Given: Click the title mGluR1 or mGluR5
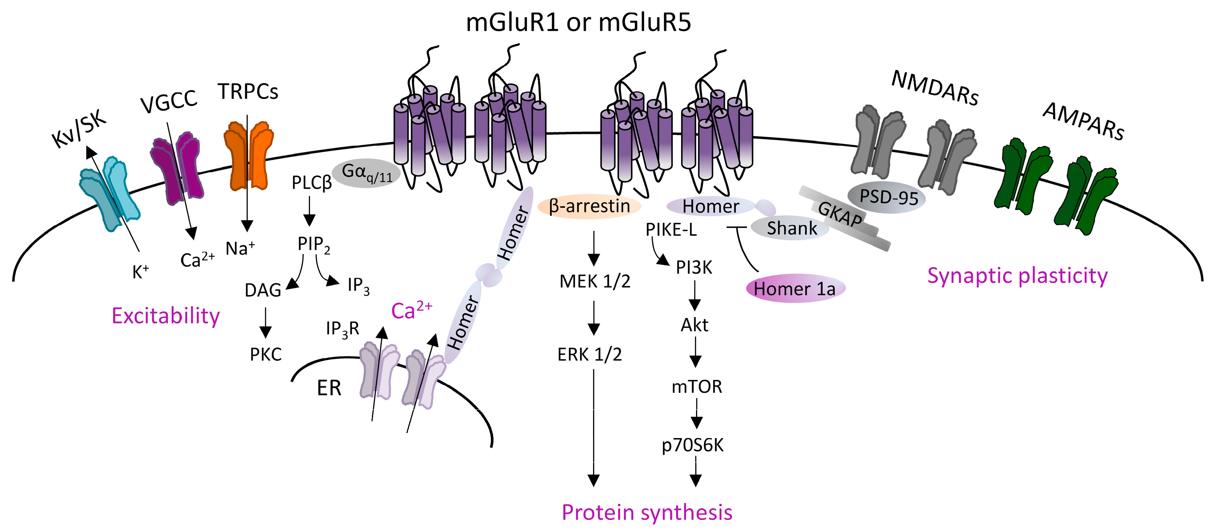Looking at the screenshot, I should pos(578,23).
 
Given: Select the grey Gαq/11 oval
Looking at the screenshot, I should pos(366,173).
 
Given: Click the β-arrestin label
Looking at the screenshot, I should pos(590,206).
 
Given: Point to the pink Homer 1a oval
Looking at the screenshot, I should pos(795,288).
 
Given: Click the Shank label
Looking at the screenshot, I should pos(791,228).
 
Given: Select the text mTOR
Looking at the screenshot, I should pos(697,387).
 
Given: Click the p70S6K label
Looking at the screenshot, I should pos(692,445).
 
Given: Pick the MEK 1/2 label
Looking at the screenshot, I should pos(595,281).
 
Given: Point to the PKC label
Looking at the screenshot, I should pos(266,354).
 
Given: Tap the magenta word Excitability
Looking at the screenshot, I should pos(166,316).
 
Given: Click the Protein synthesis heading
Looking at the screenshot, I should pos(647,512).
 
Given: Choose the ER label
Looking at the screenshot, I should pos(329,388).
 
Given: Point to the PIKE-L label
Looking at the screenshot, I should pos(671,230).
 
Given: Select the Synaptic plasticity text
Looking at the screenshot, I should pos(1017,276).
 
